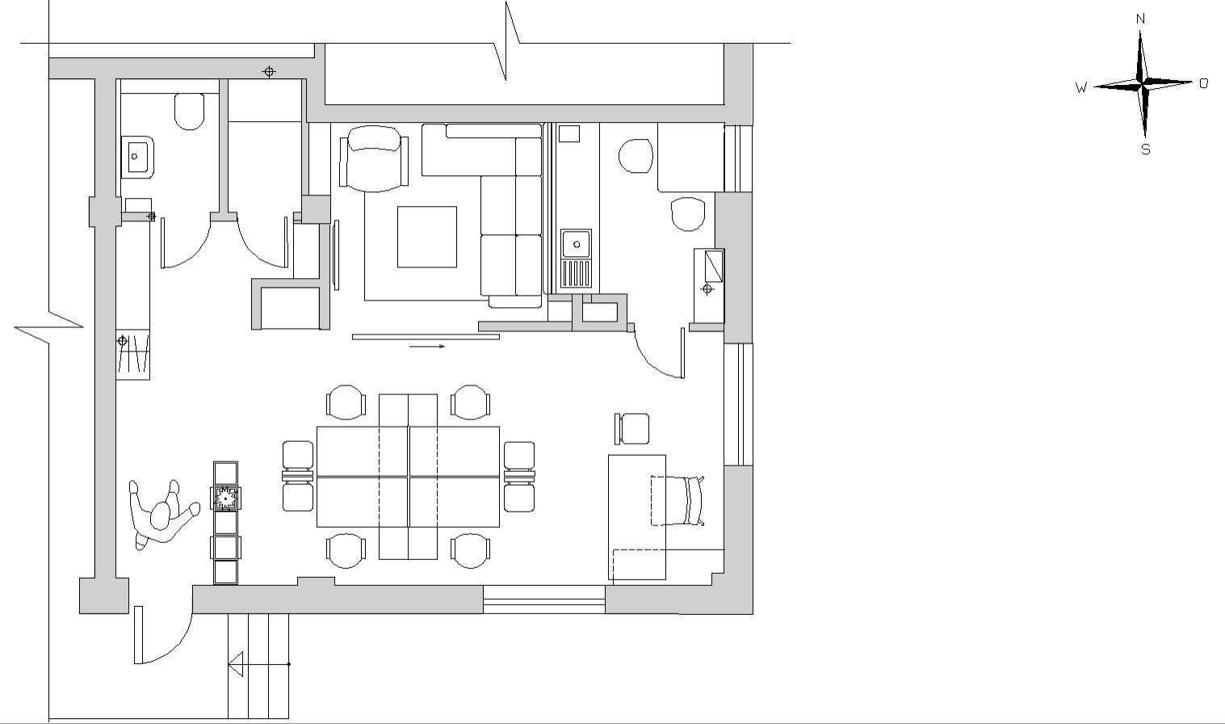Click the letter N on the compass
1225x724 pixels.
[1140, 19]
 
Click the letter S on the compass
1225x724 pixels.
[1146, 149]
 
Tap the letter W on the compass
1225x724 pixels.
[1081, 87]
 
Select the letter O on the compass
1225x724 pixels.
[1204, 83]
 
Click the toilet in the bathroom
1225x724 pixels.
[189, 111]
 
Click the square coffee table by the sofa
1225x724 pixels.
[427, 237]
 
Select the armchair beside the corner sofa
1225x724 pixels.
[374, 158]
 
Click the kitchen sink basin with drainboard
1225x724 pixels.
[576, 259]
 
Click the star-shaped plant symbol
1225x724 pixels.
[225, 499]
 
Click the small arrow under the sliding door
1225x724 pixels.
[427, 347]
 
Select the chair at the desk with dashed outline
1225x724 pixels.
[678, 501]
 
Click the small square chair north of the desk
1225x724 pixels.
[632, 428]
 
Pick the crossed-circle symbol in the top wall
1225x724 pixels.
[269, 72]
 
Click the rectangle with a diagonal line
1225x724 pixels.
[714, 266]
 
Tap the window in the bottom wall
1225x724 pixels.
[544, 600]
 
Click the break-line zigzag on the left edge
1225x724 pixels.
[48, 328]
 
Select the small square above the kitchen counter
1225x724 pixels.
[569, 134]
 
